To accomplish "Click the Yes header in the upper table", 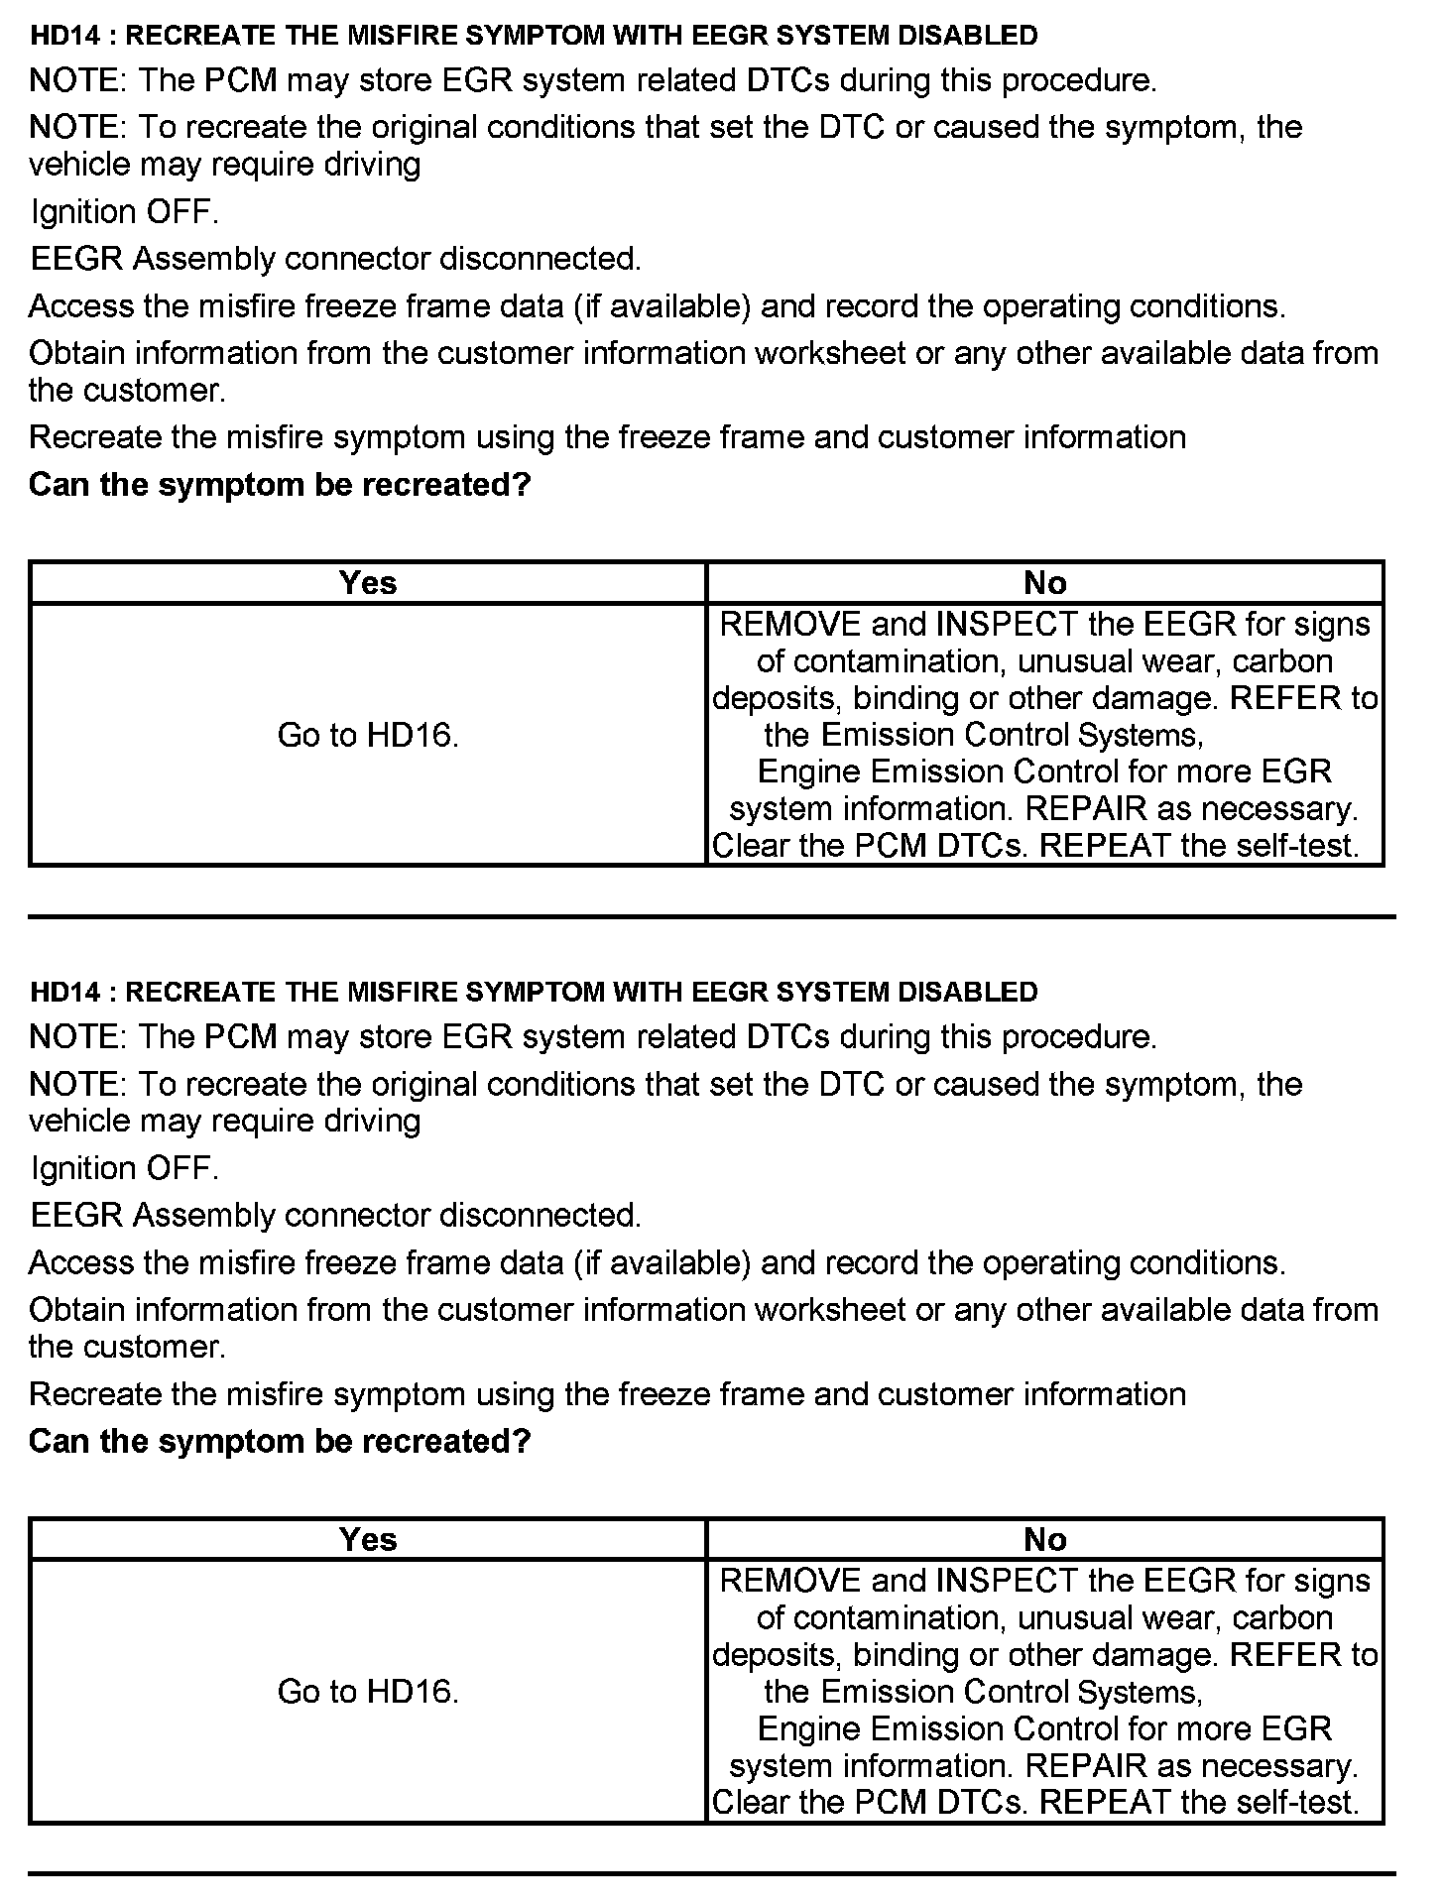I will (x=367, y=582).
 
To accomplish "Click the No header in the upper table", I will (x=1044, y=582).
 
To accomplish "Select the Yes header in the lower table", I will (x=367, y=1539).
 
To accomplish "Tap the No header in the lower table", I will (x=1044, y=1539).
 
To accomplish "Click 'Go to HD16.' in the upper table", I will (x=368, y=735).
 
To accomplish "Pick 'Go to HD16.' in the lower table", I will (x=368, y=1692).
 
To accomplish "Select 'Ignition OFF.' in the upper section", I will (x=124, y=212).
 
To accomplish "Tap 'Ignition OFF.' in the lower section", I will (x=124, y=1169).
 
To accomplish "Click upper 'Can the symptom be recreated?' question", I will (x=280, y=485).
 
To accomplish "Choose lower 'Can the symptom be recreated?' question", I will (x=280, y=1442).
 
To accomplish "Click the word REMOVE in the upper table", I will (x=789, y=625).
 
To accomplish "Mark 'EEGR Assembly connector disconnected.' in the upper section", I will (x=336, y=259).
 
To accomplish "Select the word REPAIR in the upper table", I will (x=1085, y=809).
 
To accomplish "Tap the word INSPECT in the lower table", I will (x=1006, y=1581).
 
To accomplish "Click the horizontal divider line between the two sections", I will (x=711, y=917).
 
